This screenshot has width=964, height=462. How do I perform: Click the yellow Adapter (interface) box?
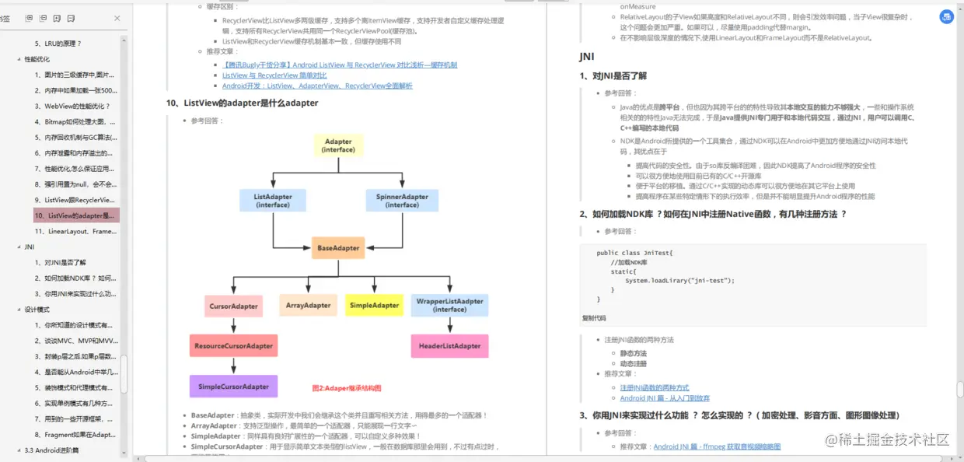[338, 145]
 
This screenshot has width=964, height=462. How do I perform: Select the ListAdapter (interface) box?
[273, 201]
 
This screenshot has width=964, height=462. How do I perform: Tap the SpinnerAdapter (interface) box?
[402, 201]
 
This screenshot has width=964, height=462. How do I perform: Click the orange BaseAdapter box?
[338, 248]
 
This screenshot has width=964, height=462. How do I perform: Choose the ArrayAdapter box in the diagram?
[308, 305]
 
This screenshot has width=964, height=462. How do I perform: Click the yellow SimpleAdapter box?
[374, 305]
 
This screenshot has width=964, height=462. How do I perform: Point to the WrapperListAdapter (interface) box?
[449, 305]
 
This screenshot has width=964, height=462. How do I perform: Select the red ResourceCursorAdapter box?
[233, 345]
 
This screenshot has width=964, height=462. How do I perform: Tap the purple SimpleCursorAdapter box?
[233, 387]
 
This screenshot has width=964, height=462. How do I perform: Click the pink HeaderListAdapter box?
[449, 345]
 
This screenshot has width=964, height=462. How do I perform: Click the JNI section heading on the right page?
[587, 56]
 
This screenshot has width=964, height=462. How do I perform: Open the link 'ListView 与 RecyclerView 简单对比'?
[274, 75]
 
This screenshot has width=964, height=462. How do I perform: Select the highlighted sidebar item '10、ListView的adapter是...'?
[75, 215]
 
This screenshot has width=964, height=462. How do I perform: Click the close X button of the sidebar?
[117, 18]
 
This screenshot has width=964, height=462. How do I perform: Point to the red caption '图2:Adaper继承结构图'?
[347, 388]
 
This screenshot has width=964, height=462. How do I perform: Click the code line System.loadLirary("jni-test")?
[679, 280]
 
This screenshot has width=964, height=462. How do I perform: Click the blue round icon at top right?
[946, 16]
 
